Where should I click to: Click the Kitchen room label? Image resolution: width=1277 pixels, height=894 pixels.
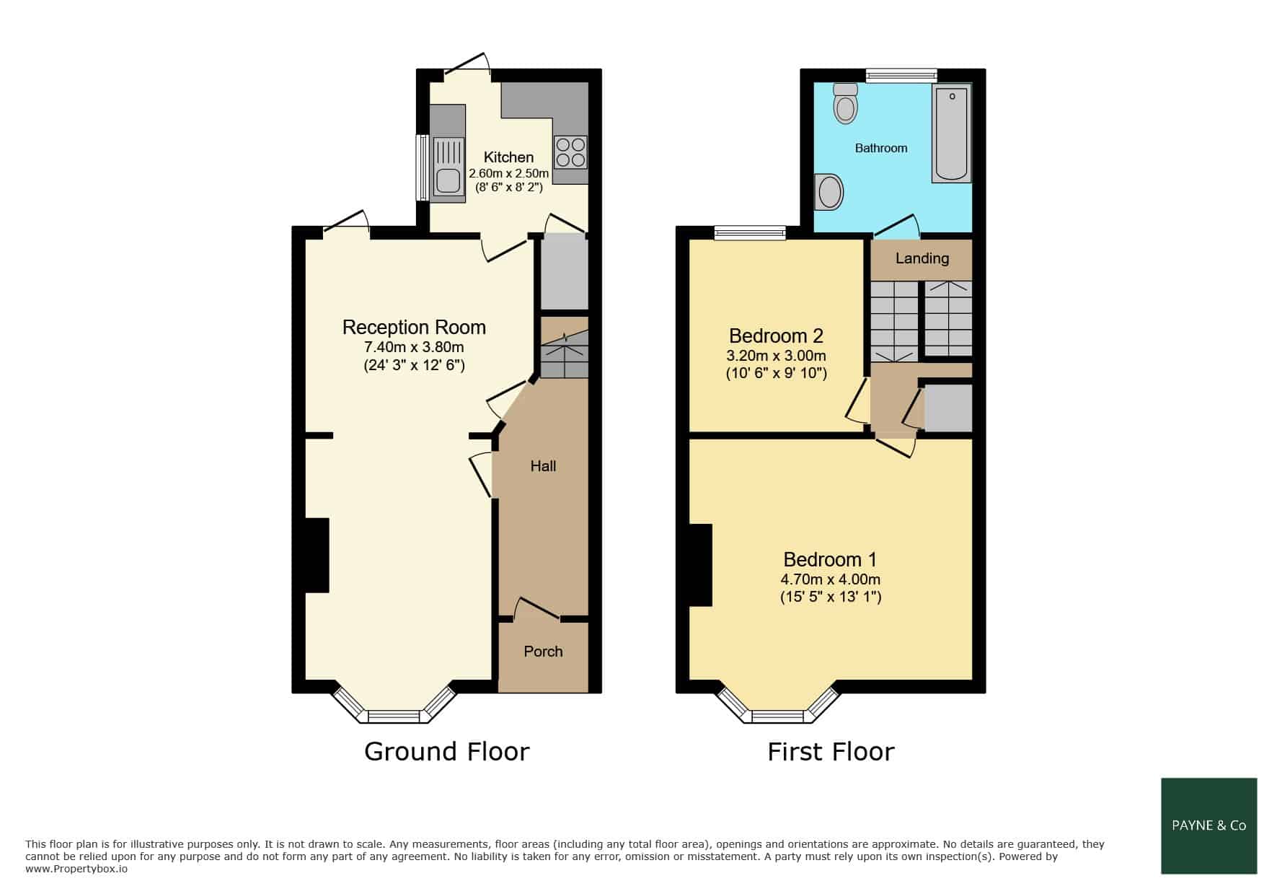(x=508, y=157)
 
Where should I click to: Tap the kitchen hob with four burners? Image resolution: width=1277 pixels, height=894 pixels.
(x=570, y=152)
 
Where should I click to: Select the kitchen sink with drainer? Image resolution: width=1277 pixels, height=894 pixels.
(x=449, y=166)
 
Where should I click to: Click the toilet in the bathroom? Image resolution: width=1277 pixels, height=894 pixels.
(x=845, y=103)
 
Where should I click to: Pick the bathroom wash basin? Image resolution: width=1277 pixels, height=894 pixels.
(x=829, y=192)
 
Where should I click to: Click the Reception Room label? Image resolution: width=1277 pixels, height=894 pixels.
(x=414, y=328)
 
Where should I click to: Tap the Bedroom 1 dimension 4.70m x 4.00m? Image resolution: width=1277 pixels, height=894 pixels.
(x=831, y=579)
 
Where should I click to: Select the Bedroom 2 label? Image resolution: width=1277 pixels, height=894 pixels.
(x=776, y=336)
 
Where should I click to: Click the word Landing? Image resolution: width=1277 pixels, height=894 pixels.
(x=922, y=258)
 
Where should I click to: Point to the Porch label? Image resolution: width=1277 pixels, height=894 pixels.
(x=543, y=652)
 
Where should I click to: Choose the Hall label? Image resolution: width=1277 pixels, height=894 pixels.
(x=543, y=466)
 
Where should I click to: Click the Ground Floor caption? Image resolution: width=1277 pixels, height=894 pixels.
(x=447, y=752)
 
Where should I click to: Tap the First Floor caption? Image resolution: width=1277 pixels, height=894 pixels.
(x=831, y=752)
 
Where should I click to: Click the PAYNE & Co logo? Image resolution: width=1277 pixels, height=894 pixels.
(x=1209, y=825)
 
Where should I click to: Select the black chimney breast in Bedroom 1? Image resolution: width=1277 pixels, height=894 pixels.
(x=700, y=565)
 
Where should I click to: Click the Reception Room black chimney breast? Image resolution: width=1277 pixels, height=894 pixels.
(x=317, y=556)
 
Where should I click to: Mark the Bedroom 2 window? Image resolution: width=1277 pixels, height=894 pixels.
(x=750, y=232)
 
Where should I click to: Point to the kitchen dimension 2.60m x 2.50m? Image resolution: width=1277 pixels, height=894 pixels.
(x=508, y=174)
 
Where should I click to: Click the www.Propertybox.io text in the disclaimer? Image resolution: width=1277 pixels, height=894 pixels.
(x=76, y=869)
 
